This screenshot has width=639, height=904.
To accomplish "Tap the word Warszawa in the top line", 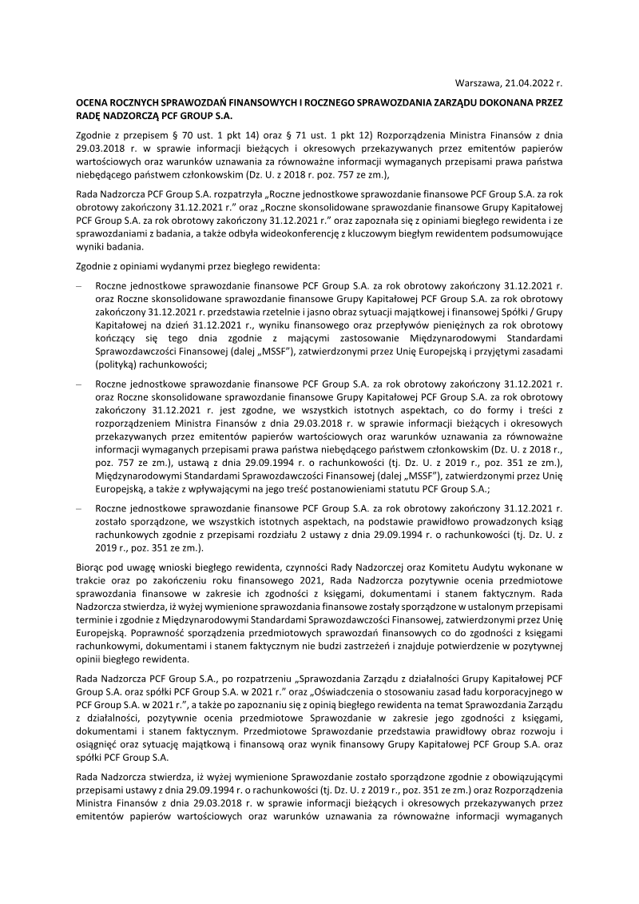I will [x=477, y=82].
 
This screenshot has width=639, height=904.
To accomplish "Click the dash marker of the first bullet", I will [x=78, y=284].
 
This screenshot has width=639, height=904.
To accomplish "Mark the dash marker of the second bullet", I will [x=78, y=384].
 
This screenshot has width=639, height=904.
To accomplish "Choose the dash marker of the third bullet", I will [x=78, y=508].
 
